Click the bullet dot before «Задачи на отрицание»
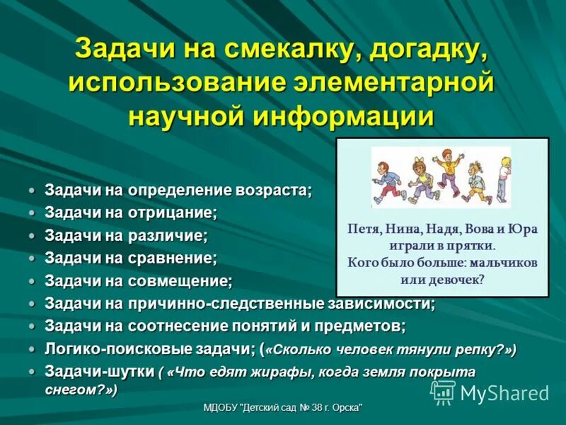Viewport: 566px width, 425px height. pyautogui.click(x=32, y=212)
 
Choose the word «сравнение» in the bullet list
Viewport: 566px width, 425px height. pyautogui.click(x=173, y=258)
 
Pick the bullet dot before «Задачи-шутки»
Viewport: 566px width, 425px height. pyautogui.click(x=32, y=371)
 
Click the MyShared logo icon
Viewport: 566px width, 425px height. pyautogui.click(x=444, y=392)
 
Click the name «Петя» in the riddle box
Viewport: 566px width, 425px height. pyautogui.click(x=363, y=229)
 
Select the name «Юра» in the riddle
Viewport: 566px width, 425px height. pyautogui.click(x=522, y=229)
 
